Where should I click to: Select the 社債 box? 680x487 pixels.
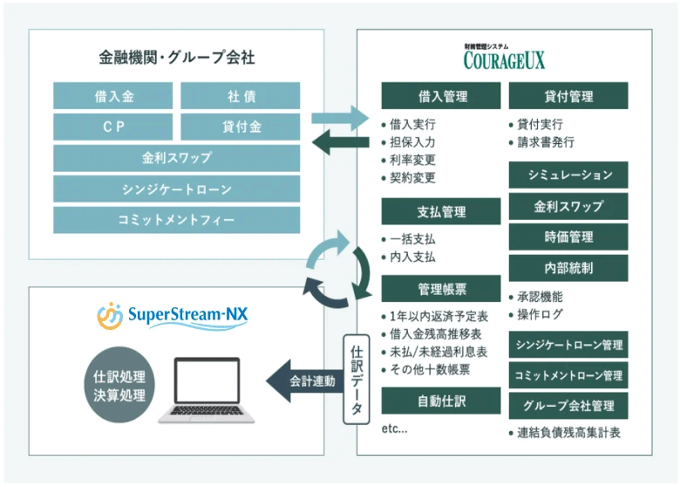click(x=240, y=95)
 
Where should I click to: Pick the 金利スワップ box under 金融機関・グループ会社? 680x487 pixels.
click(x=177, y=158)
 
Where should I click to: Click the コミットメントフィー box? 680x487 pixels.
click(x=177, y=220)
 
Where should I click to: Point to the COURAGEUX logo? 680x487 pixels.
click(x=504, y=58)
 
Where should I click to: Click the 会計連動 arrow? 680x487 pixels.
click(x=302, y=381)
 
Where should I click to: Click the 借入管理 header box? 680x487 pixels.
click(x=440, y=96)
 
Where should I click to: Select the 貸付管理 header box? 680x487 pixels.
click(x=568, y=96)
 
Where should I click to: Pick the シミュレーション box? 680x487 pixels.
click(x=568, y=175)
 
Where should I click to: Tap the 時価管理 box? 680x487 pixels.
click(x=568, y=237)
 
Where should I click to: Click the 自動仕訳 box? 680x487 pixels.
click(x=440, y=401)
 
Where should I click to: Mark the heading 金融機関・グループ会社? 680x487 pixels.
click(x=176, y=58)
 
